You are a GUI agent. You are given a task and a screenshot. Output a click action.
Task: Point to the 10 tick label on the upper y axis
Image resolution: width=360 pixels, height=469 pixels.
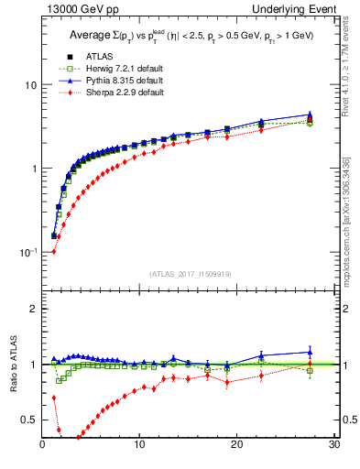point(27,84)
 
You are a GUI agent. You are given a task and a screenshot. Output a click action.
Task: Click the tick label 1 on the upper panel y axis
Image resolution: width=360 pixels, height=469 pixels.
point(32,169)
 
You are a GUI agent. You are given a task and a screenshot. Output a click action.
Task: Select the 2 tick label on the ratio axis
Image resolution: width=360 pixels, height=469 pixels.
point(32,309)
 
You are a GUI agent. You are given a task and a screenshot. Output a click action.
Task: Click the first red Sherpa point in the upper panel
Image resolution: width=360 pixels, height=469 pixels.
point(54,251)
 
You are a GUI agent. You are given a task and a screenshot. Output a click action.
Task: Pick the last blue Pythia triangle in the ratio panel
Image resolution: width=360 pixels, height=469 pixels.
point(310,352)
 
